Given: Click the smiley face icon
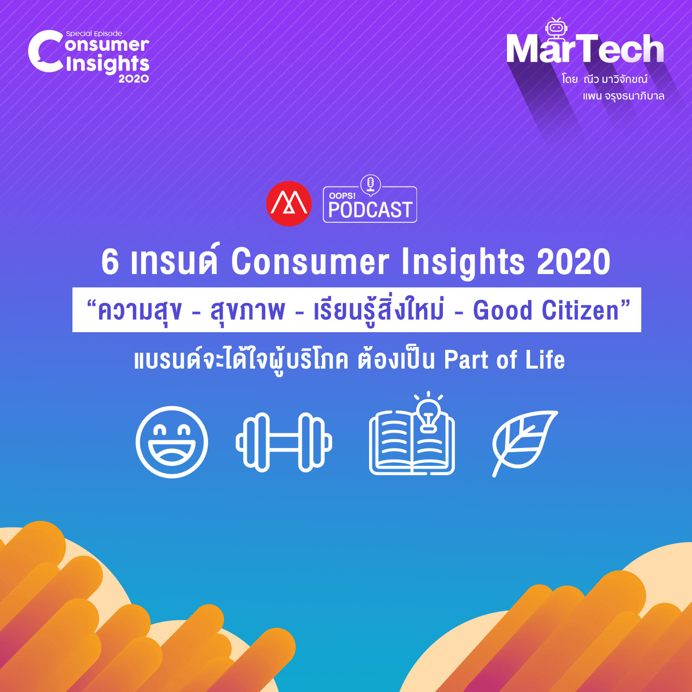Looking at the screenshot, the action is click(x=172, y=442).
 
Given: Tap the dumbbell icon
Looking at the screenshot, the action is click(x=284, y=442).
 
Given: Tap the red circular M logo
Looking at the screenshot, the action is click(x=289, y=203).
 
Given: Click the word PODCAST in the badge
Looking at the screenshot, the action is click(x=370, y=210).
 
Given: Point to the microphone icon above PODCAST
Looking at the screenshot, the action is click(x=370, y=185).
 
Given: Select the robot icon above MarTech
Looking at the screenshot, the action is click(x=556, y=30).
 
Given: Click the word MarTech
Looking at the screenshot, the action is click(x=585, y=49).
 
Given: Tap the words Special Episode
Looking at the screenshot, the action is click(x=94, y=34).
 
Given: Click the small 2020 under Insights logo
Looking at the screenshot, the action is click(x=134, y=79).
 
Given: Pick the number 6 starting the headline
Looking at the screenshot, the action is click(x=110, y=262).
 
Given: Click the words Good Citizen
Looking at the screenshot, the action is click(x=546, y=310).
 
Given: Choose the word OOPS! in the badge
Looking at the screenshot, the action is click(x=342, y=196).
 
